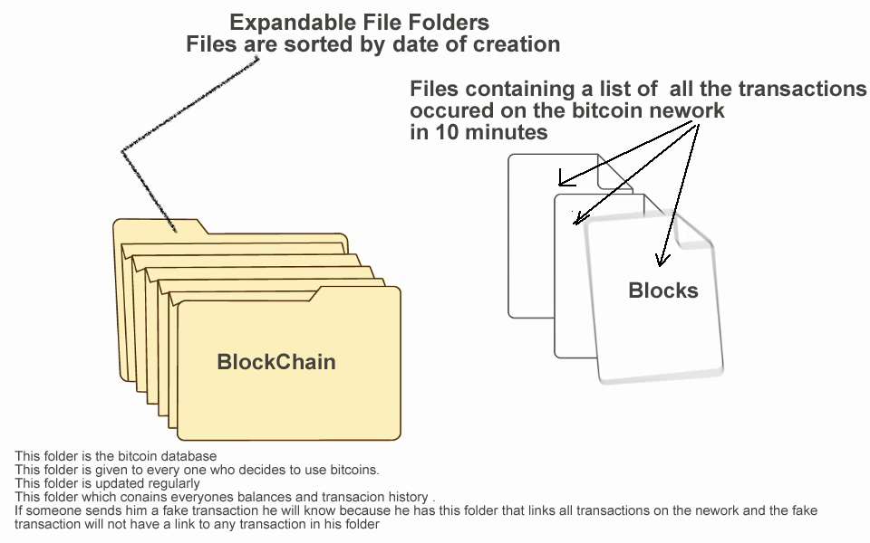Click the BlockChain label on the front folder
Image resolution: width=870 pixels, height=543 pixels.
[276, 362]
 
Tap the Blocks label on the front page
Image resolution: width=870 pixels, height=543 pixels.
[663, 291]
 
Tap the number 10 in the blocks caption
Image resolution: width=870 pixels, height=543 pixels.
[443, 131]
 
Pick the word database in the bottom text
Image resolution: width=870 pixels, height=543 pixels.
[189, 455]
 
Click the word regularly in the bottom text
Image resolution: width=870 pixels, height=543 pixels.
[172, 483]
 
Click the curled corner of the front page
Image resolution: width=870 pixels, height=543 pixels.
[699, 237]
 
